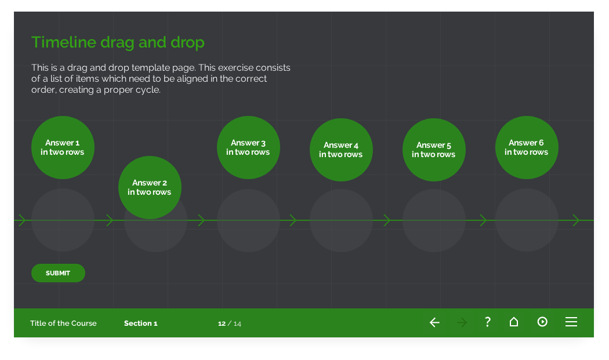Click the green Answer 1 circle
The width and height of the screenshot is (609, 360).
pyautogui.click(x=63, y=147)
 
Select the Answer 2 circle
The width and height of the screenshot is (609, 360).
pyautogui.click(x=150, y=187)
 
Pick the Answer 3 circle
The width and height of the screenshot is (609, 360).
pyautogui.click(x=248, y=147)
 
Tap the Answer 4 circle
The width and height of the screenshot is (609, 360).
pyautogui.click(x=341, y=150)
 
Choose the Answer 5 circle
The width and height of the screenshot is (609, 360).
pyautogui.click(x=434, y=150)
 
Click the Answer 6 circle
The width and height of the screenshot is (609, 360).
pyautogui.click(x=527, y=147)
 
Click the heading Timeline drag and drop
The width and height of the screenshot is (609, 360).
pyautogui.click(x=118, y=42)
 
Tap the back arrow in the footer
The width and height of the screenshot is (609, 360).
pyautogui.click(x=434, y=322)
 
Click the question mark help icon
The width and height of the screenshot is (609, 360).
pyautogui.click(x=488, y=322)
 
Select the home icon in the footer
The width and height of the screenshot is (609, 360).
pyautogui.click(x=514, y=322)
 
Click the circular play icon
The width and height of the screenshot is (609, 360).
pyautogui.click(x=542, y=322)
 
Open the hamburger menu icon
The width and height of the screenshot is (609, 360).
pyautogui.click(x=571, y=322)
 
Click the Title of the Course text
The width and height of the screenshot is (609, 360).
pyautogui.click(x=63, y=323)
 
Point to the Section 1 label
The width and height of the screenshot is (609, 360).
pyautogui.click(x=140, y=323)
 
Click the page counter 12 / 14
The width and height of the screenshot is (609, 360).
pyautogui.click(x=230, y=323)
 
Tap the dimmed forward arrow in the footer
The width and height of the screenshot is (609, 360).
pyautogui.click(x=462, y=322)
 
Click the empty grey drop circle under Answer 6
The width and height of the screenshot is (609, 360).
pyautogui.click(x=527, y=223)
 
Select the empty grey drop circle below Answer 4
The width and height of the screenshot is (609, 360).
pyautogui.click(x=341, y=223)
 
